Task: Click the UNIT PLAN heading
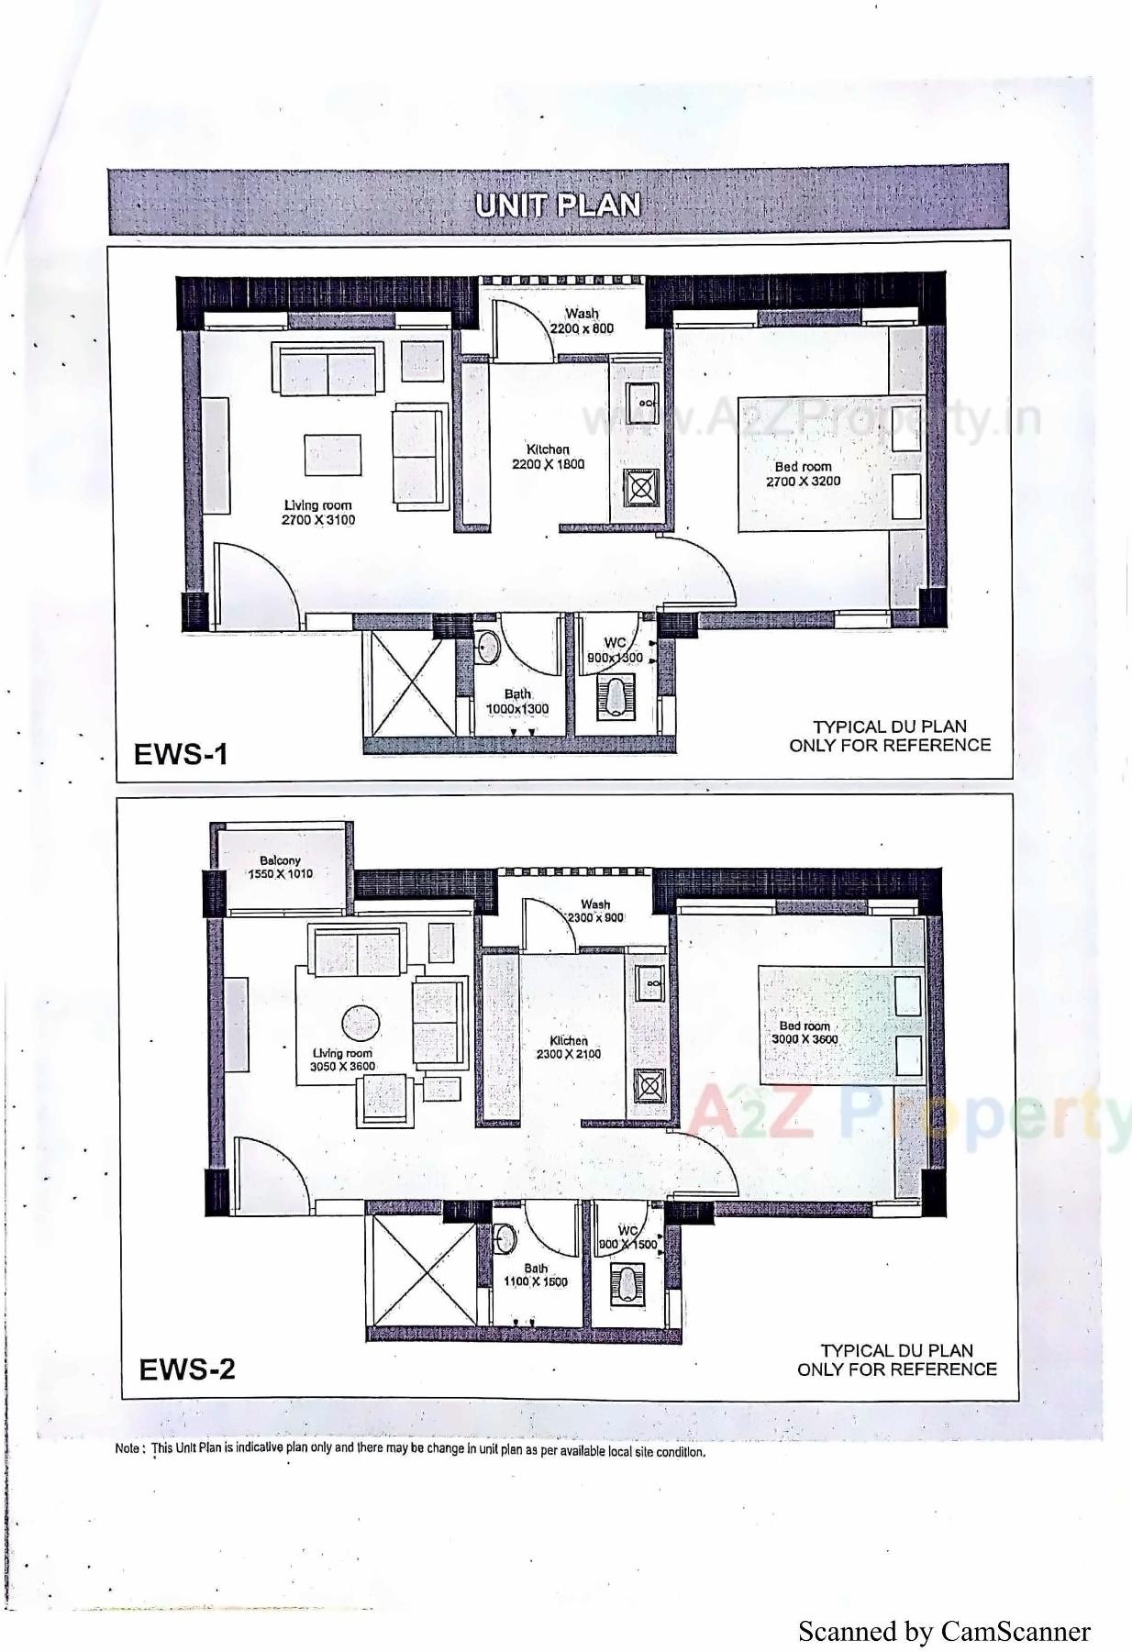558,205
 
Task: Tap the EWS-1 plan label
181,754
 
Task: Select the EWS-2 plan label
187,1369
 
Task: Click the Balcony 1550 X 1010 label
280,867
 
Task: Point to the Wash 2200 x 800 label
582,321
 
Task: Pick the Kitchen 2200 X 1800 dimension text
548,464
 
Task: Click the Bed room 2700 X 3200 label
803,474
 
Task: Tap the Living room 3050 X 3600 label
342,1060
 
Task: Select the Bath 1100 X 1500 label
536,1275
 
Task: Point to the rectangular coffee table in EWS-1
332,456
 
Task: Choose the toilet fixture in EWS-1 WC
615,694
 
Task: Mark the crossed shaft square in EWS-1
408,682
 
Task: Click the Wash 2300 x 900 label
595,911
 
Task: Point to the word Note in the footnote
128,1449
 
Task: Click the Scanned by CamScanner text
944,1630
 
